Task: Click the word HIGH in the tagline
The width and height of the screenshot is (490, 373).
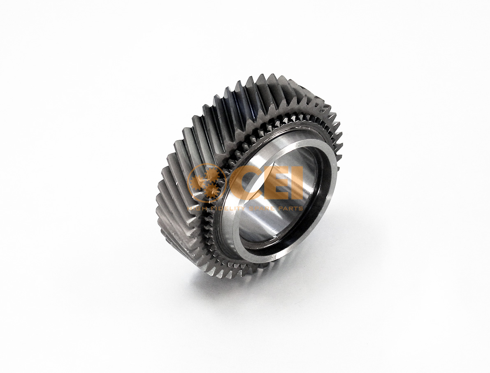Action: [x=197, y=208]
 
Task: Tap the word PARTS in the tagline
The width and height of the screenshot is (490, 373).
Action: [x=290, y=208]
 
